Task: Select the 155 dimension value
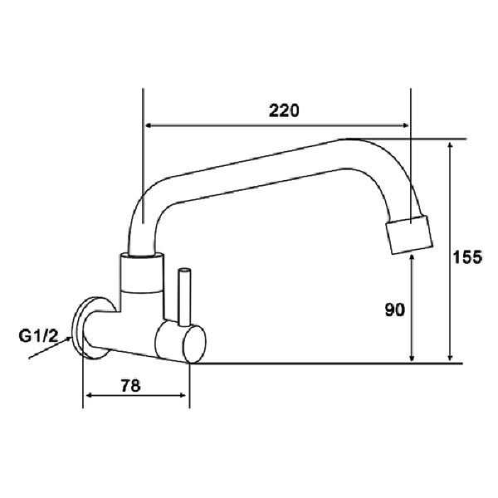click(468, 257)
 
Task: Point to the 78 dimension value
click(130, 385)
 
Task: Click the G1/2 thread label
click(39, 336)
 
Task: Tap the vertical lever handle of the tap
click(184, 295)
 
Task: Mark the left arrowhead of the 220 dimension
click(150, 126)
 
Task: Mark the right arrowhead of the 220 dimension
click(406, 126)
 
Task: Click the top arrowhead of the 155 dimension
click(451, 145)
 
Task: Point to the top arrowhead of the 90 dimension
click(413, 260)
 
